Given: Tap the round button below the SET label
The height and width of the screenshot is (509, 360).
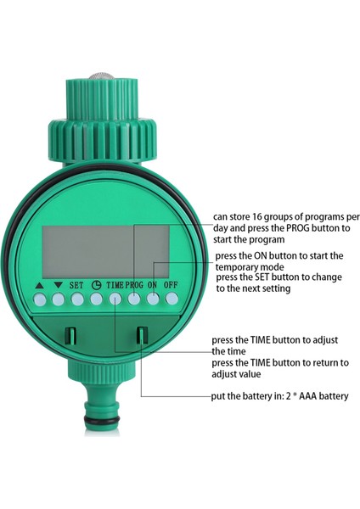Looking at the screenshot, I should (x=76, y=299).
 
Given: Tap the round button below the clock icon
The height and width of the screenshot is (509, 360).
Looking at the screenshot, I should (x=95, y=299).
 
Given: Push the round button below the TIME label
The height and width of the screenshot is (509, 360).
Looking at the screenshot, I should (x=115, y=299).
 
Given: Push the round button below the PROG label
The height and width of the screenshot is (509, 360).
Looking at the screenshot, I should (x=134, y=299).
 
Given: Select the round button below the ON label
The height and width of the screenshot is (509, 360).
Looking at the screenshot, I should (x=153, y=299).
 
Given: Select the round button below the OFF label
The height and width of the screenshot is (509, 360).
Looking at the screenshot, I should (x=172, y=299).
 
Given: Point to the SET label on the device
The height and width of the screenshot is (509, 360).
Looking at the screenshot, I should (x=76, y=286).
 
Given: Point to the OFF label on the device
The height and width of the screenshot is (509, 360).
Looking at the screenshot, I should (x=172, y=286).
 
